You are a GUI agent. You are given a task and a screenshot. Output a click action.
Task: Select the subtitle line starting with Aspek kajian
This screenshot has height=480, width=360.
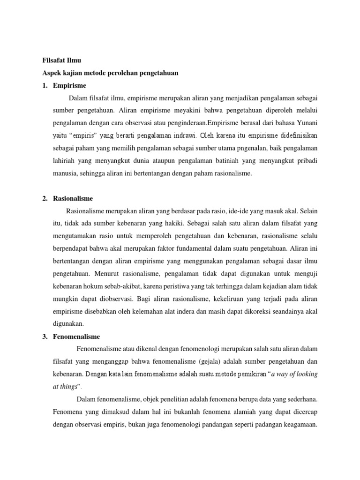click(108, 73)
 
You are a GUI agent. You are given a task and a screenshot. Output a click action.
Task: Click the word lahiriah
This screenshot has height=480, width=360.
click(65, 161)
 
